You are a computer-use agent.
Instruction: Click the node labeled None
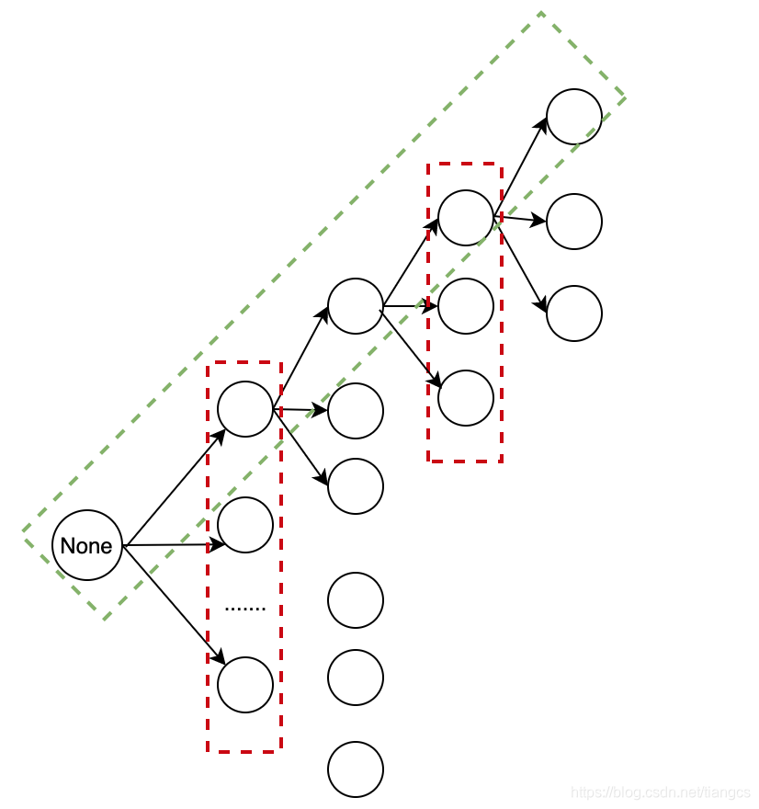86,545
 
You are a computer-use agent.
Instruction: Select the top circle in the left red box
245,409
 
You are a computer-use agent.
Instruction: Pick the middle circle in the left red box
245,525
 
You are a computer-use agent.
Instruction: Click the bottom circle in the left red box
245,685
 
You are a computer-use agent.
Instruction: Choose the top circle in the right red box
466,218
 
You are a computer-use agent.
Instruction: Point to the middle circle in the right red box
466,306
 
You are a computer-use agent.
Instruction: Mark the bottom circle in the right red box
466,398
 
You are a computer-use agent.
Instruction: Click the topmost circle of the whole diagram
574,117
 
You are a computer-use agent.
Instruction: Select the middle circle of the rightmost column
574,222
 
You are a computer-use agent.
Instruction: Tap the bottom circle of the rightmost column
574,313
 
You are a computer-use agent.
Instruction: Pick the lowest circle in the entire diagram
356,769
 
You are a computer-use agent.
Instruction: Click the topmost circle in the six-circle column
356,306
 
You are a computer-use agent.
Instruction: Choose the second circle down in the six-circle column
356,411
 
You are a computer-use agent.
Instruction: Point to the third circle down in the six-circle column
356,486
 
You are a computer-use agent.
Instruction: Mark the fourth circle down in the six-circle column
356,600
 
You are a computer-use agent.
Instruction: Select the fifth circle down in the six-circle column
356,678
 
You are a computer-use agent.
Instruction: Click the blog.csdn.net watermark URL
660,792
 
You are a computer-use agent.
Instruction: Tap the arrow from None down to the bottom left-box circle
175,604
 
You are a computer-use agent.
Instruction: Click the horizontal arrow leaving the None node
175,545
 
